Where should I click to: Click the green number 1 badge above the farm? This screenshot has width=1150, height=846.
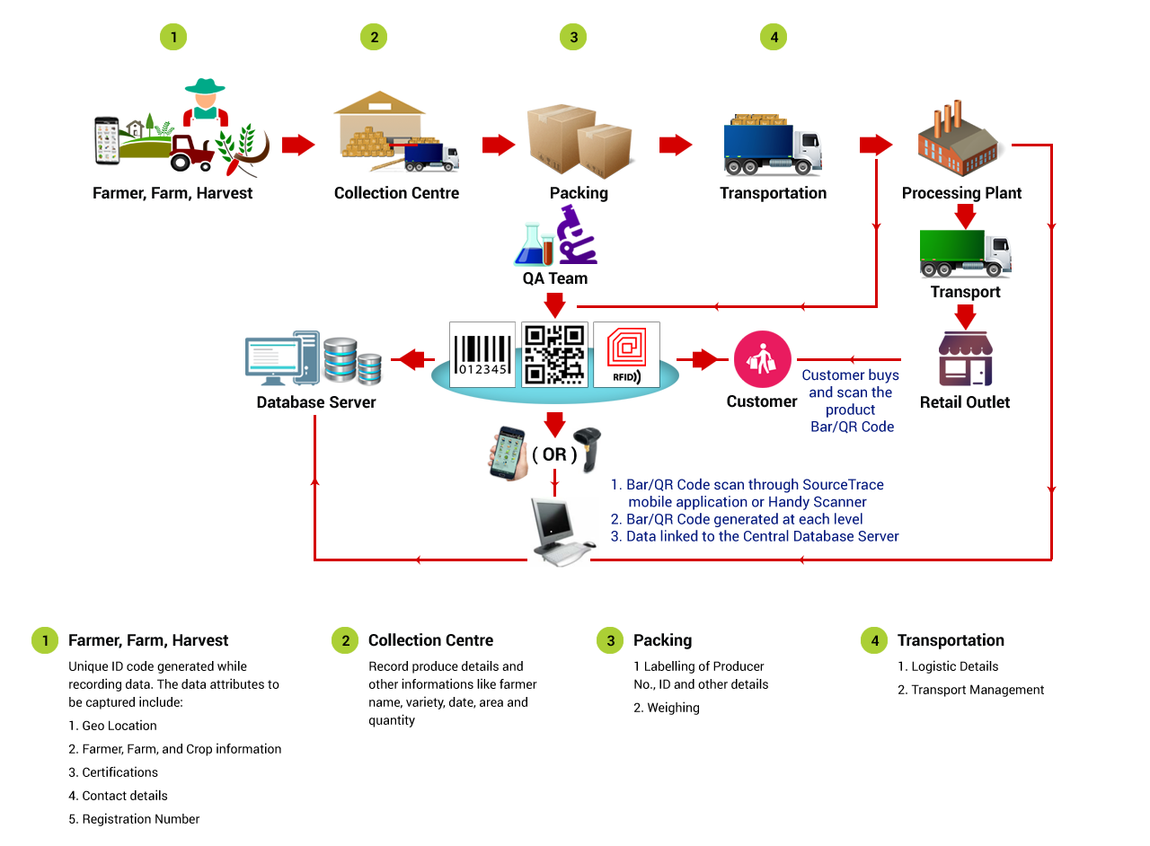(173, 37)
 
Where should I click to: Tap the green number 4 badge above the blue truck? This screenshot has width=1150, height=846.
(773, 37)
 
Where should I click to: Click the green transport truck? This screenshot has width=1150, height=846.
(965, 254)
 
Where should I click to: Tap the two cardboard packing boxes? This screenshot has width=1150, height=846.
(581, 141)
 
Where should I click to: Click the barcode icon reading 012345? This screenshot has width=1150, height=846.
(482, 355)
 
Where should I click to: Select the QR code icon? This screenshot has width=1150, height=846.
(555, 355)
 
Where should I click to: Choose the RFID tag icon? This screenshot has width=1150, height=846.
(627, 355)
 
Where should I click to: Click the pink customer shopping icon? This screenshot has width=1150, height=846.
(763, 359)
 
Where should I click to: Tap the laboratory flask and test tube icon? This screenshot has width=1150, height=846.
(534, 244)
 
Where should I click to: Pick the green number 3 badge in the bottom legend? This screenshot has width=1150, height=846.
(611, 640)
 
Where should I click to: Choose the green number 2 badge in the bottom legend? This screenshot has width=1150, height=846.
(346, 640)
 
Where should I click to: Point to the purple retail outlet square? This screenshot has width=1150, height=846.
(965, 358)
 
